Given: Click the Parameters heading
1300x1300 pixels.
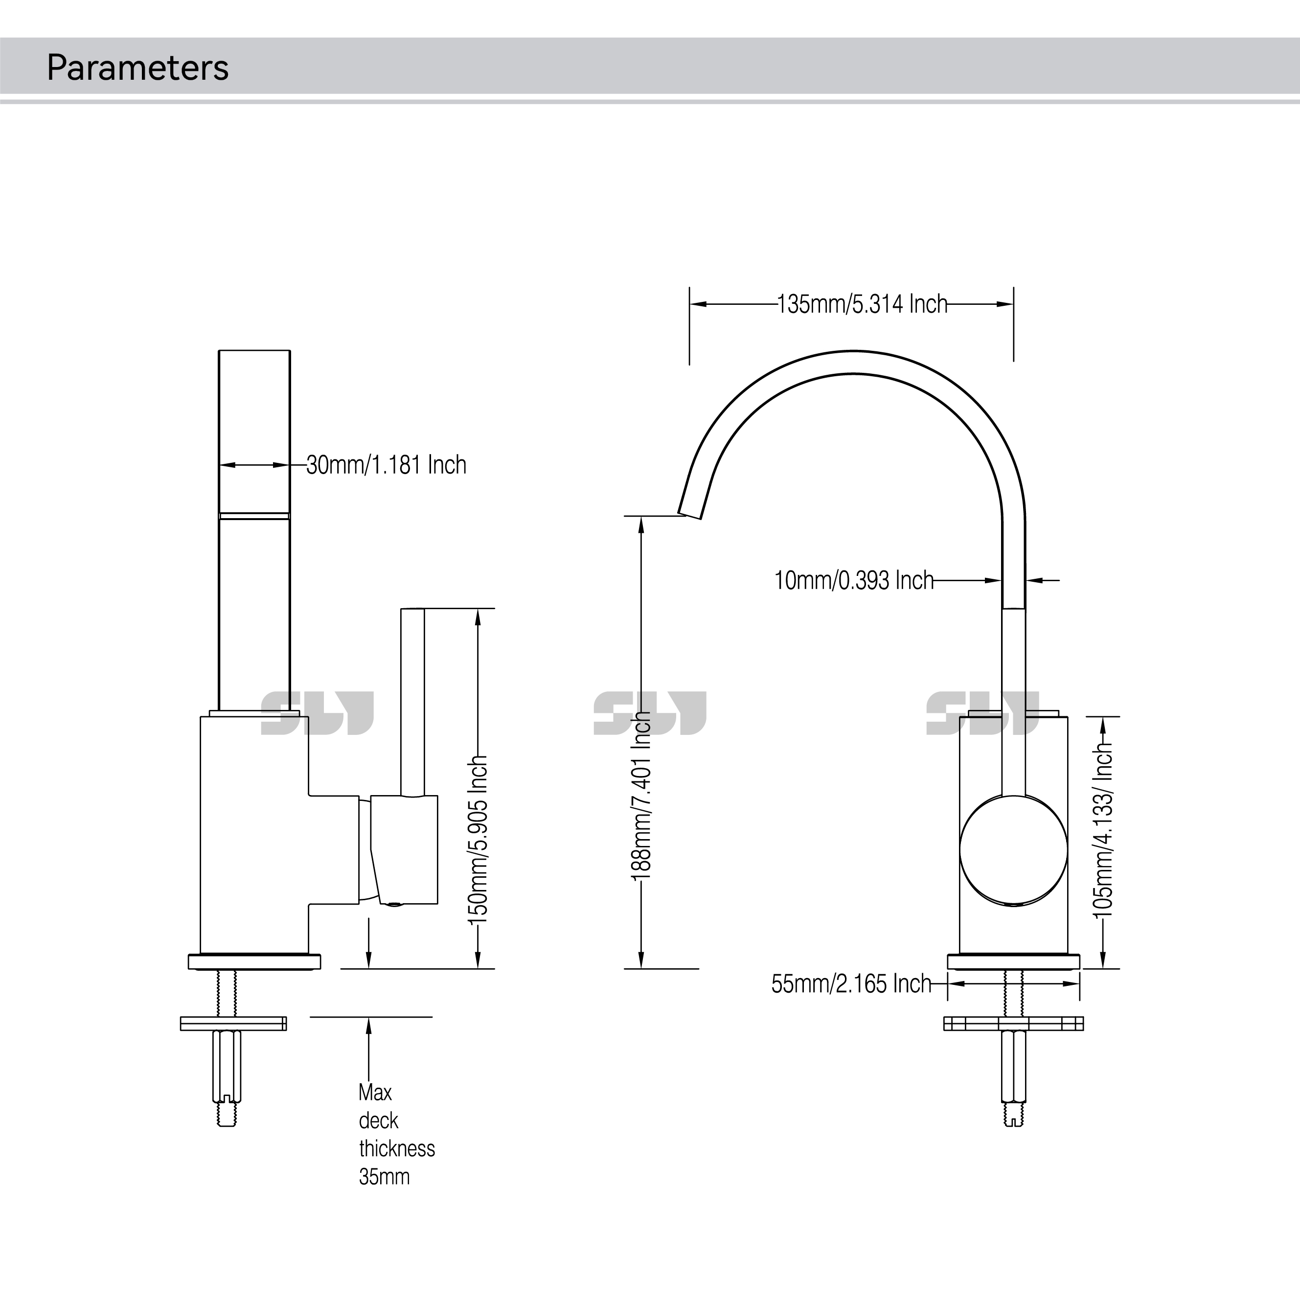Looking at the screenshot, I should pos(137,68).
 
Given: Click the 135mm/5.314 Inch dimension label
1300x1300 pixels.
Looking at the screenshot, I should pos(862,304).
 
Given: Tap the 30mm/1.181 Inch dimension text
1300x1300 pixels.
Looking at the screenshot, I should pos(386,465).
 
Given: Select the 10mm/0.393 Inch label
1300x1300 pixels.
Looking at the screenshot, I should pos(854,580).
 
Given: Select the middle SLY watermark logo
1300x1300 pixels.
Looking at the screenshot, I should pos(650,713).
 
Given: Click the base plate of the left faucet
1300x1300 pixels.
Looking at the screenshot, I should pos(254,961).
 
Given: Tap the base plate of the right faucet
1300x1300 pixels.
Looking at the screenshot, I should pos(1013,961).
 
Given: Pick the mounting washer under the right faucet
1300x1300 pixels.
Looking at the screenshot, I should pos(1013,1024).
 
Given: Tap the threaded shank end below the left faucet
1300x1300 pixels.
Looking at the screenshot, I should pos(227,1117).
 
